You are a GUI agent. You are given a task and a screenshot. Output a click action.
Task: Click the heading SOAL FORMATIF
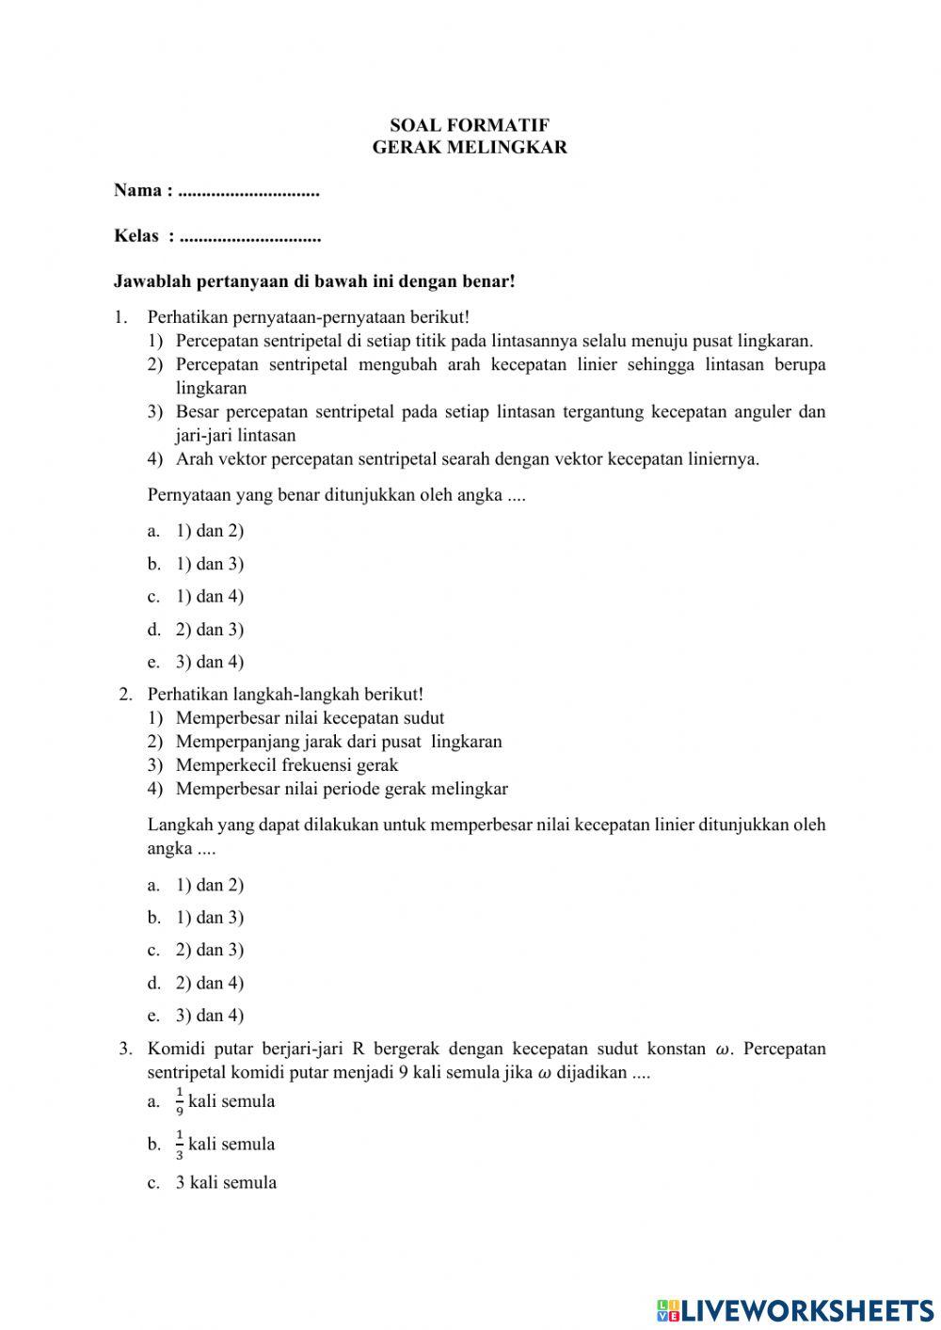click(x=470, y=125)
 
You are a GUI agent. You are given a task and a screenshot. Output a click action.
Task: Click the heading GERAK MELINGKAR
click(x=470, y=148)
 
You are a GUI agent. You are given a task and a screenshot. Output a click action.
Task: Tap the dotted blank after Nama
click(x=248, y=191)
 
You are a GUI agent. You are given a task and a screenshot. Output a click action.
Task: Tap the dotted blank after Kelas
click(x=250, y=236)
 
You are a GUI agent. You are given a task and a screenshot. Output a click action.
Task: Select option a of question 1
click(x=209, y=531)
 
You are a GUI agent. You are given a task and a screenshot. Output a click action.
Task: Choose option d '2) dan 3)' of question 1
click(x=209, y=629)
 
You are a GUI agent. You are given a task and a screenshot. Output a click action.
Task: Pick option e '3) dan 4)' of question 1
click(x=209, y=662)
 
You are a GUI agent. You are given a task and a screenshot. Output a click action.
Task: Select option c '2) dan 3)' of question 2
click(x=209, y=950)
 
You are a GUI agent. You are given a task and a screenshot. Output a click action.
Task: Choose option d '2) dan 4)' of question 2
click(x=209, y=983)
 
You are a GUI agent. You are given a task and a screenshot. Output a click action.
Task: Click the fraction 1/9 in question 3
click(x=180, y=1101)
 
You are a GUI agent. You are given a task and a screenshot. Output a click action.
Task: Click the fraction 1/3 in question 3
click(x=180, y=1145)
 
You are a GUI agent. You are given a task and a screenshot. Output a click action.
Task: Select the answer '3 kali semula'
click(x=226, y=1183)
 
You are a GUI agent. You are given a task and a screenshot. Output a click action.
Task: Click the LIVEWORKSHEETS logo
click(x=795, y=1309)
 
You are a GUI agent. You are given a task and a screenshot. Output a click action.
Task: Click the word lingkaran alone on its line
click(x=211, y=388)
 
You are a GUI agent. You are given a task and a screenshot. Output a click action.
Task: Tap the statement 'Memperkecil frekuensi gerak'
click(x=287, y=765)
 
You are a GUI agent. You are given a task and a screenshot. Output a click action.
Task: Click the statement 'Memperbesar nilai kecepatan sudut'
click(x=310, y=718)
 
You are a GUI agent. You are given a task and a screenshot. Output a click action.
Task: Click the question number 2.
click(x=125, y=695)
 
